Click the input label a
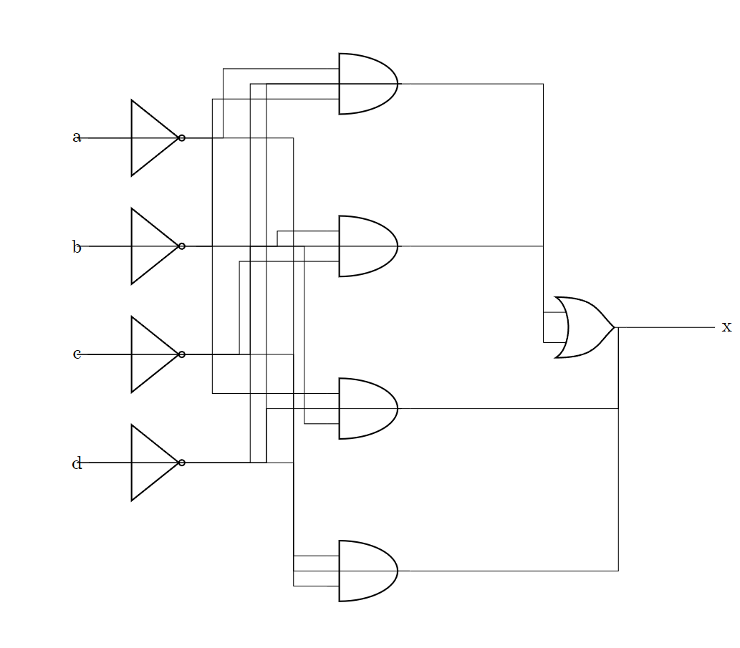point(77,137)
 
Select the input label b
point(77,248)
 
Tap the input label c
point(77,354)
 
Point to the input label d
point(77,464)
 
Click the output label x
point(726,327)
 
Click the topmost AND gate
point(367,84)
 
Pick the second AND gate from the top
point(367,246)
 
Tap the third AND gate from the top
point(367,408)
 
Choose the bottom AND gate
point(367,571)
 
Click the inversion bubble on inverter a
point(182,137)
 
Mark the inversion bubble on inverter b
point(182,246)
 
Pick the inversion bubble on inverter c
point(182,354)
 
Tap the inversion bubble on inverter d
point(182,463)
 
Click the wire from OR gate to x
point(666,327)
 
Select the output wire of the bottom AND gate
point(509,571)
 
